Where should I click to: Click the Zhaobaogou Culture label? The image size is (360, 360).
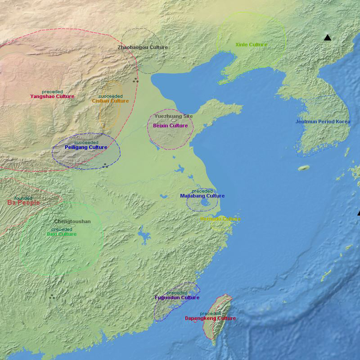[143, 47]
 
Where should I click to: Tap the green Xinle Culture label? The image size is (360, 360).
[251, 45]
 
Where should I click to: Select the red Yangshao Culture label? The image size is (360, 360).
[52, 96]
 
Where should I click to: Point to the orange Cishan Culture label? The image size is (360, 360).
[110, 101]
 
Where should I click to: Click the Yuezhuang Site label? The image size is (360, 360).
[173, 116]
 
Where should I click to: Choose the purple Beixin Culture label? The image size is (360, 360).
[170, 126]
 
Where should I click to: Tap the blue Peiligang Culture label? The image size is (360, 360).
[86, 147]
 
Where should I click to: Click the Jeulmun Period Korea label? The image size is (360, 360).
[323, 121]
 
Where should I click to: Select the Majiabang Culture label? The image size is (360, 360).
[202, 196]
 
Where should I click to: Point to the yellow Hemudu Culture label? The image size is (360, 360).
[220, 219]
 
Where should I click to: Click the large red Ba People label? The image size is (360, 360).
[23, 203]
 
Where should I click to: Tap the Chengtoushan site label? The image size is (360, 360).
[72, 221]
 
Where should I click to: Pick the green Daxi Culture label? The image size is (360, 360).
[62, 234]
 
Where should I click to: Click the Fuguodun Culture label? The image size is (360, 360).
[177, 297]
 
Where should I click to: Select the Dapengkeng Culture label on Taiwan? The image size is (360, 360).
[210, 318]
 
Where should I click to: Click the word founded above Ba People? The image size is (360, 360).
[23, 198]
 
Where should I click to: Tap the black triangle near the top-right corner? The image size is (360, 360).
[328, 38]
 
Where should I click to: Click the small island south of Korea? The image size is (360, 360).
[304, 168]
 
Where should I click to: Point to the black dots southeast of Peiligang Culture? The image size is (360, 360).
[105, 166]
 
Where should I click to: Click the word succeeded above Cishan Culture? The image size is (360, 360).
[110, 96]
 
